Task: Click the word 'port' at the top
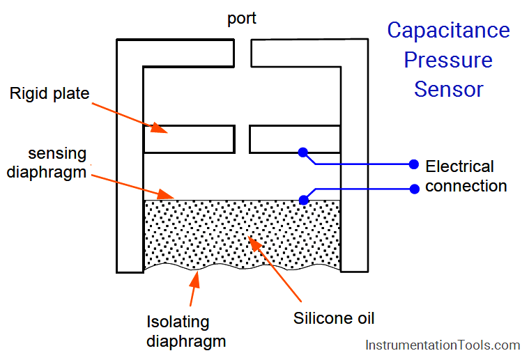[241, 19]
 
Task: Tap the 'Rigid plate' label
[49, 93]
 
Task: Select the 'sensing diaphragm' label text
[47, 162]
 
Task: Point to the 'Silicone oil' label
[334, 318]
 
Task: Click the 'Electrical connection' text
[466, 176]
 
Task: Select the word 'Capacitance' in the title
[448, 31]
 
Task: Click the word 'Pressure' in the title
[448, 60]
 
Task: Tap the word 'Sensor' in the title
[448, 89]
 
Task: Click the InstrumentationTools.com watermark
[443, 345]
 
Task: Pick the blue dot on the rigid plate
[302, 152]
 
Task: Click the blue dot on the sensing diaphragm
[303, 200]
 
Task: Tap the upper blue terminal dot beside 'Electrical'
[413, 164]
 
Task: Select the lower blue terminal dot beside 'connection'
[413, 187]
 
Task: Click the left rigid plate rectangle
[188, 139]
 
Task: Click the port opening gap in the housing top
[242, 52]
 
